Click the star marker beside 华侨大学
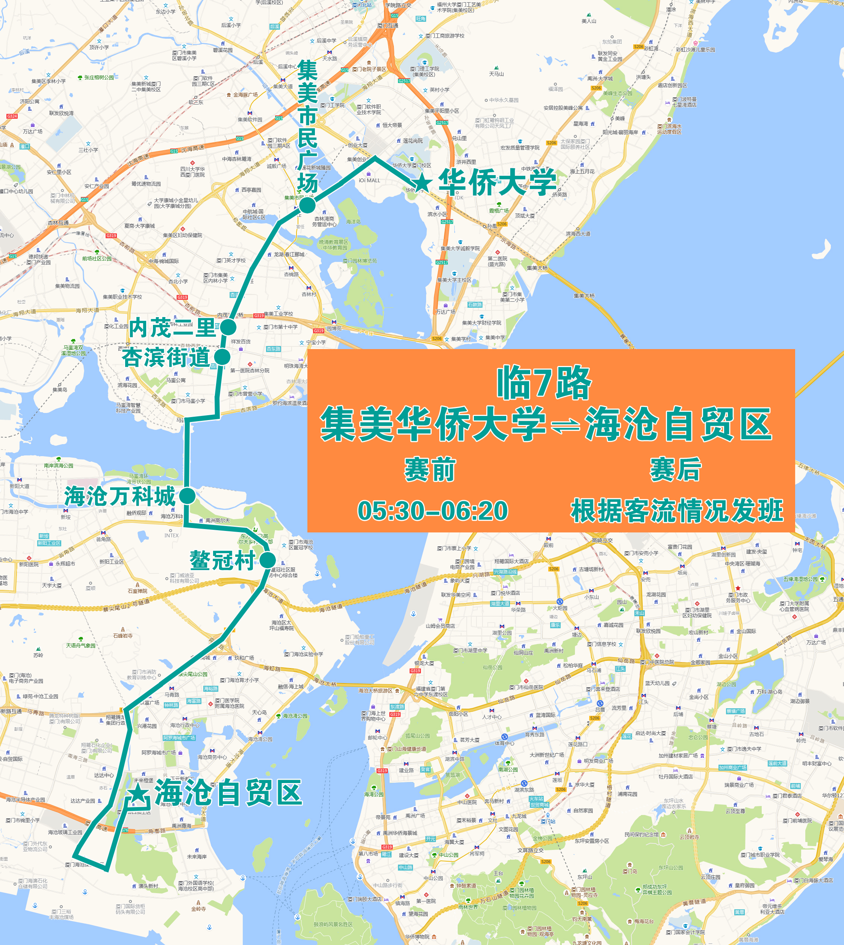(422, 182)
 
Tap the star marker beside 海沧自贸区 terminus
(138, 793)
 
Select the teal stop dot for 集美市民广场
(307, 204)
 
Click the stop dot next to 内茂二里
(228, 327)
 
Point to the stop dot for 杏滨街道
(222, 357)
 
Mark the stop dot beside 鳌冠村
(268, 560)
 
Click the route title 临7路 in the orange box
(545, 384)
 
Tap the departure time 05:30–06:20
(432, 511)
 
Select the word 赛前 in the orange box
(430, 469)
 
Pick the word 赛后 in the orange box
(676, 469)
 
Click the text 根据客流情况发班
(678, 511)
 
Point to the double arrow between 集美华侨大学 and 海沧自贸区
(565, 425)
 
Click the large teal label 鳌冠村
(222, 561)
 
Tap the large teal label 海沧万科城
(120, 496)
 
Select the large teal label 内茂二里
(172, 328)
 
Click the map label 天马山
(496, 74)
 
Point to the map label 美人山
(589, 21)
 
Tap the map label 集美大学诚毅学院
(460, 248)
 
